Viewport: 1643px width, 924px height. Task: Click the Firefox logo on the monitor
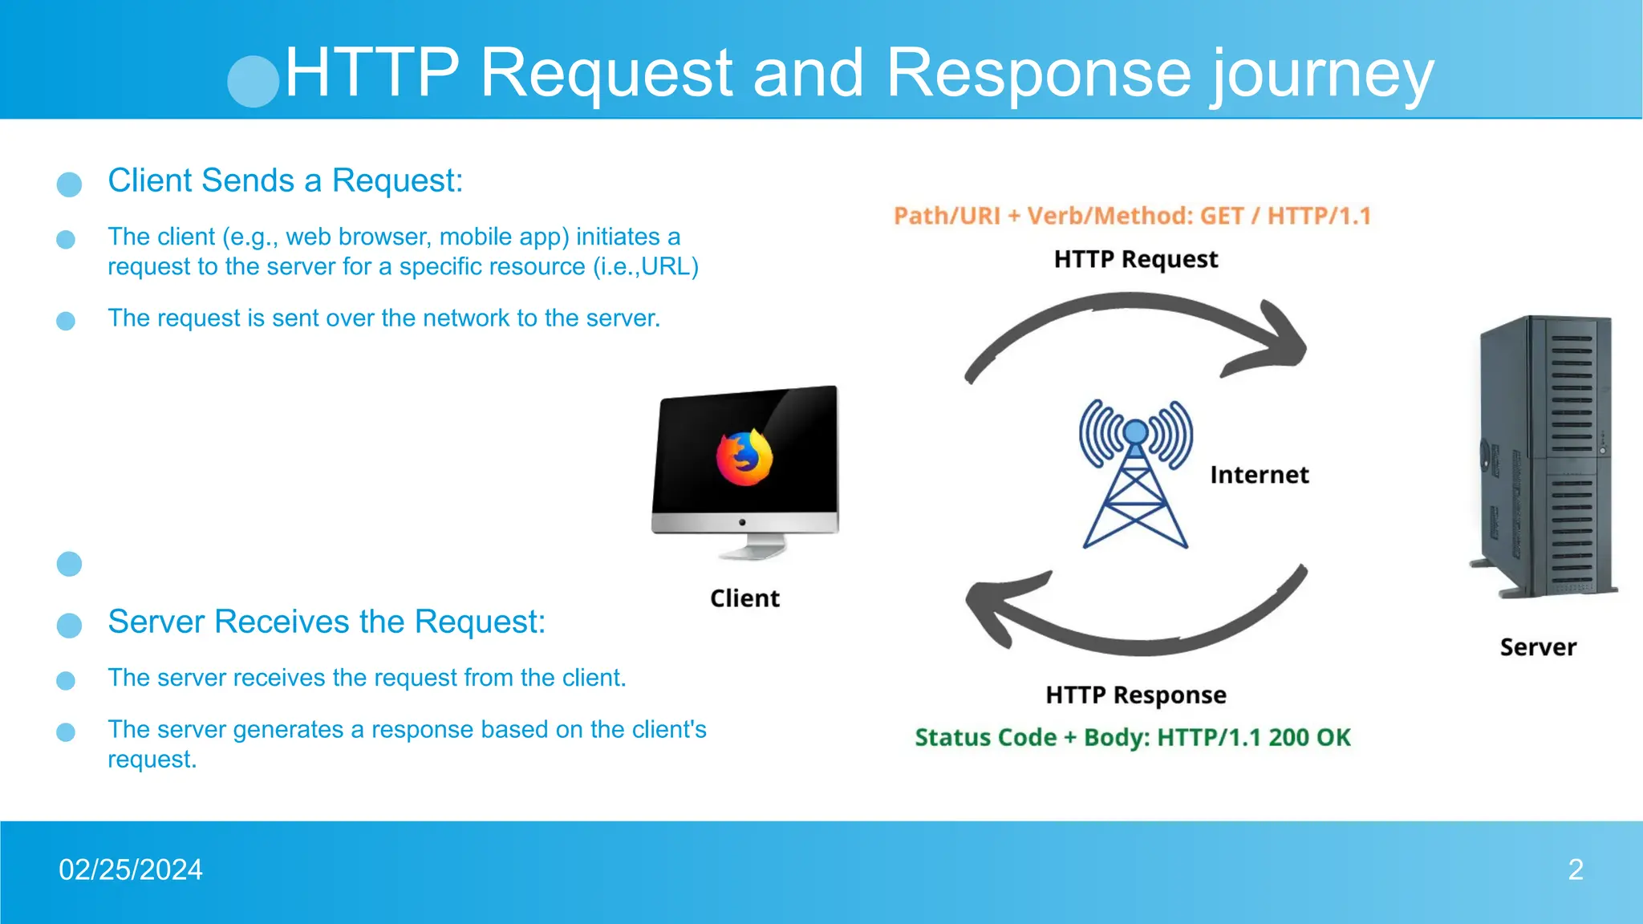pyautogui.click(x=744, y=458)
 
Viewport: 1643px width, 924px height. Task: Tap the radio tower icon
pyautogui.click(x=1135, y=473)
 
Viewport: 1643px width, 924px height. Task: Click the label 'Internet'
pyautogui.click(x=1259, y=475)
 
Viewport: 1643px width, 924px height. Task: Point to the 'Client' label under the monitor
pyautogui.click(x=744, y=598)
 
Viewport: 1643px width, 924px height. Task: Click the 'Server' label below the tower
pyautogui.click(x=1538, y=647)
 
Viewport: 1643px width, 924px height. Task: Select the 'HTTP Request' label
pyautogui.click(x=1135, y=259)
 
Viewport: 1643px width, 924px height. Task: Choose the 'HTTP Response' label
pyautogui.click(x=1135, y=695)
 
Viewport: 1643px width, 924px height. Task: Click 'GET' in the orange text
pyautogui.click(x=1221, y=216)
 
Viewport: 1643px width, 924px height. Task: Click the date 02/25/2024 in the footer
pyautogui.click(x=131, y=869)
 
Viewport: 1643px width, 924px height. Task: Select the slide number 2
pyautogui.click(x=1576, y=869)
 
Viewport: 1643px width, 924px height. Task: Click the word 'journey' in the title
pyautogui.click(x=1321, y=74)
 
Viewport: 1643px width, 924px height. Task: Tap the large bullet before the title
pyautogui.click(x=254, y=81)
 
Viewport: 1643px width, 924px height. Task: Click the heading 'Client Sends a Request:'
pyautogui.click(x=286, y=180)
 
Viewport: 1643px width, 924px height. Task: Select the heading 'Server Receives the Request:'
pyautogui.click(x=327, y=622)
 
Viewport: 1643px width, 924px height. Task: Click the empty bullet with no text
pyautogui.click(x=70, y=564)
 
